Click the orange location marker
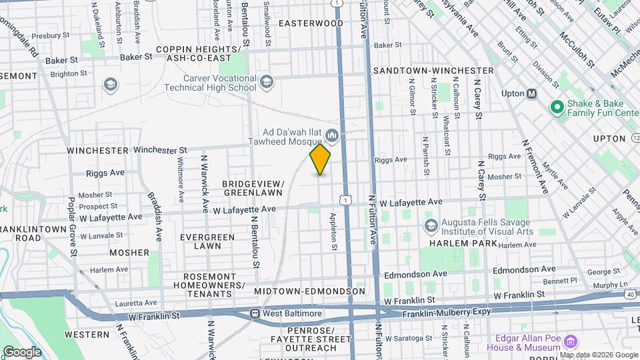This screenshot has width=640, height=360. coord(320,159)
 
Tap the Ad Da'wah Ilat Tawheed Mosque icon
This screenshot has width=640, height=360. coord(332,137)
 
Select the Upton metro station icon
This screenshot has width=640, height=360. coord(531,93)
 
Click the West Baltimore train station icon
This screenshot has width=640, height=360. coord(255,313)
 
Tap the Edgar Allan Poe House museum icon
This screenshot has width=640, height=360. coord(569,342)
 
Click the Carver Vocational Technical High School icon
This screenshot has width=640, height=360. coord(266,82)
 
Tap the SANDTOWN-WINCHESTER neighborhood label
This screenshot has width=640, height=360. coord(433,70)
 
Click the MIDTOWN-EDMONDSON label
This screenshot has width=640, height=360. coord(309,291)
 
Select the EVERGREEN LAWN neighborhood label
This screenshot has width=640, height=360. coord(207,241)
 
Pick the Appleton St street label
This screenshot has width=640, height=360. coord(333,231)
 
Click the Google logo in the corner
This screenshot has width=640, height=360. coord(22,351)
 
